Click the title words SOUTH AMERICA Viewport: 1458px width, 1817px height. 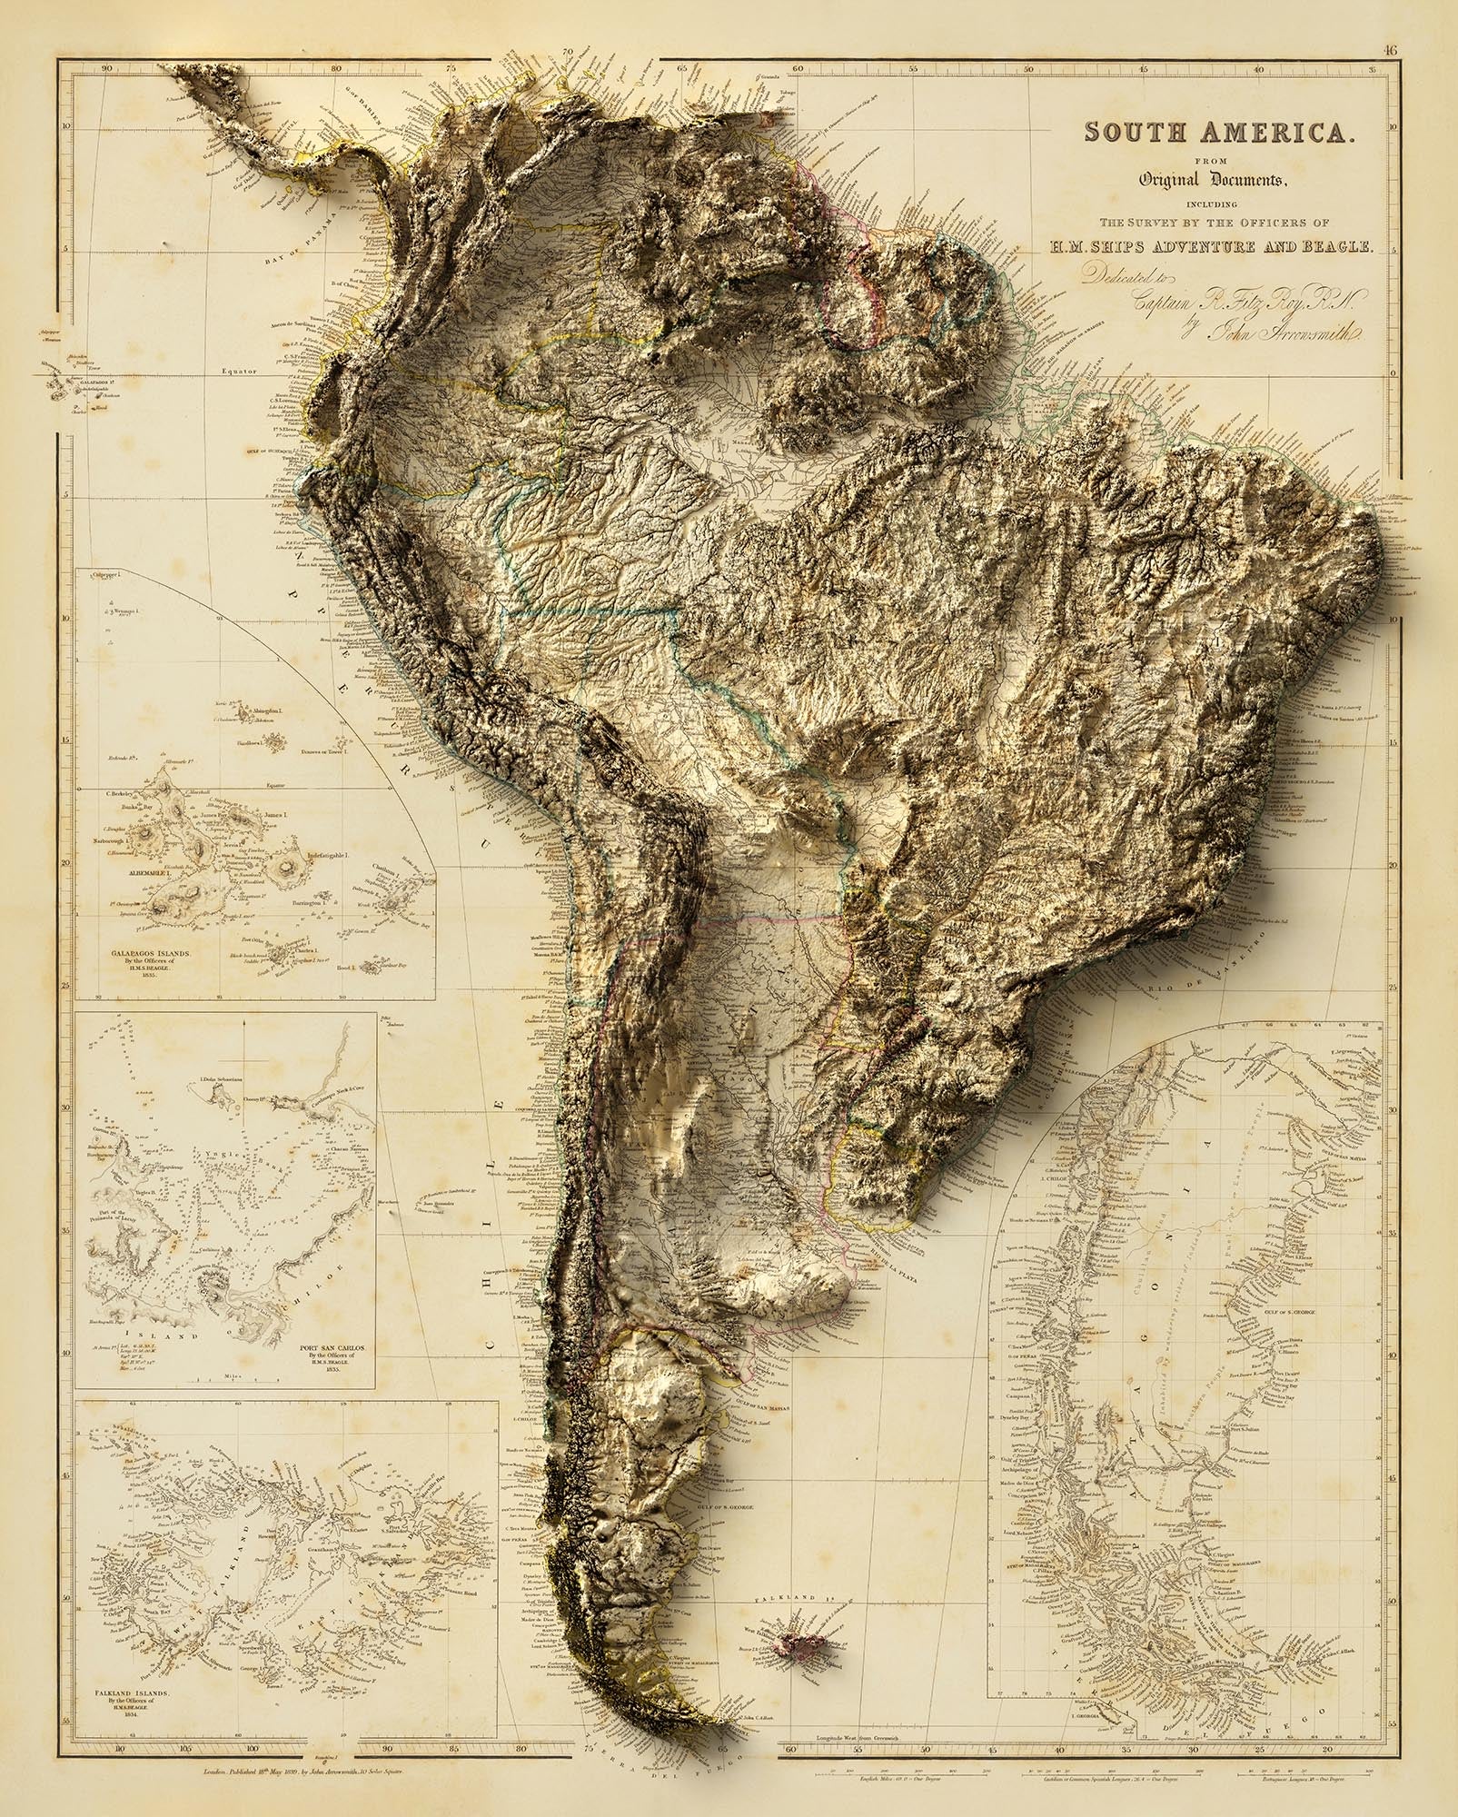(1220, 133)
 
